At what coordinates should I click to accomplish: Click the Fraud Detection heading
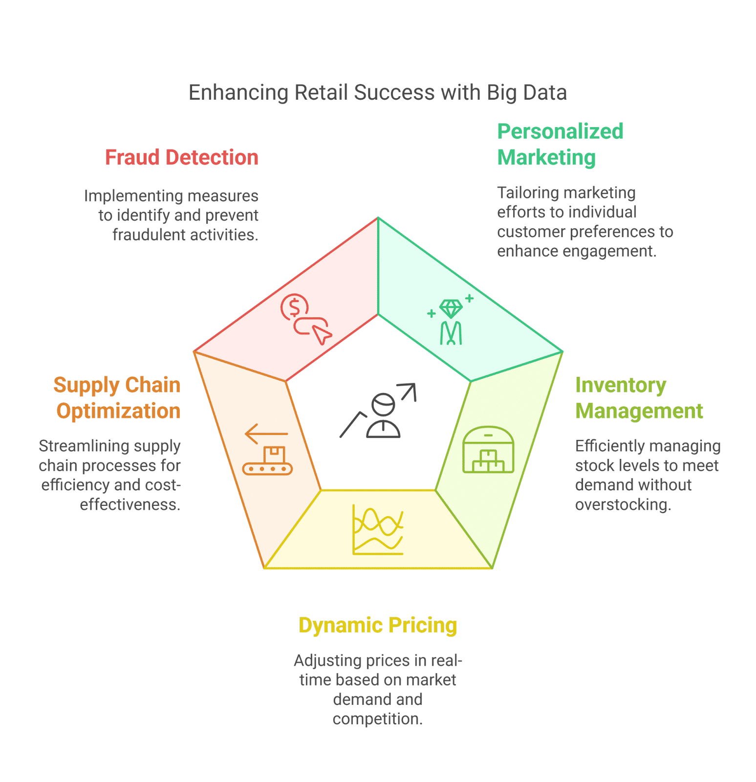tap(182, 157)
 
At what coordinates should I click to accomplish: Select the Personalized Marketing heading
tap(560, 144)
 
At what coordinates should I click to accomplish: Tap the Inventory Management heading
tap(639, 398)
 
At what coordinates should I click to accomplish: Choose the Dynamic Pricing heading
tap(378, 625)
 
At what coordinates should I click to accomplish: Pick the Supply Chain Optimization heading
tap(117, 398)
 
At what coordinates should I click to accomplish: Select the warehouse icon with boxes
tap(488, 450)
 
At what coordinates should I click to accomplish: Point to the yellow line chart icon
tap(378, 530)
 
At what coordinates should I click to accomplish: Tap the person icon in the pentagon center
tap(383, 415)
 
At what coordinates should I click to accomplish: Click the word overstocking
tap(623, 504)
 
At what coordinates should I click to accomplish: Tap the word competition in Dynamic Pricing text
tap(378, 719)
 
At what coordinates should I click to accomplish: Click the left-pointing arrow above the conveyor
tap(266, 434)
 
